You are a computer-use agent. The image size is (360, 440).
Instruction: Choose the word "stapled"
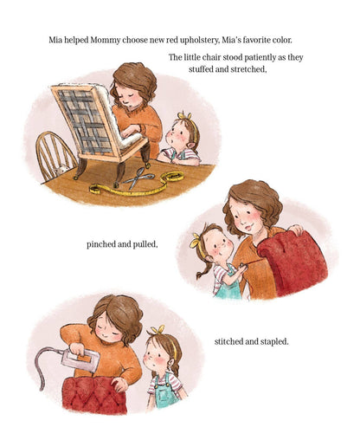pyautogui.click(x=271, y=340)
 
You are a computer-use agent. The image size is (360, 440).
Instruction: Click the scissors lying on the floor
pyautogui.click(x=142, y=179)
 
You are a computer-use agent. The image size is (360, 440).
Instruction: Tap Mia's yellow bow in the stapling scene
pyautogui.click(x=157, y=331)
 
